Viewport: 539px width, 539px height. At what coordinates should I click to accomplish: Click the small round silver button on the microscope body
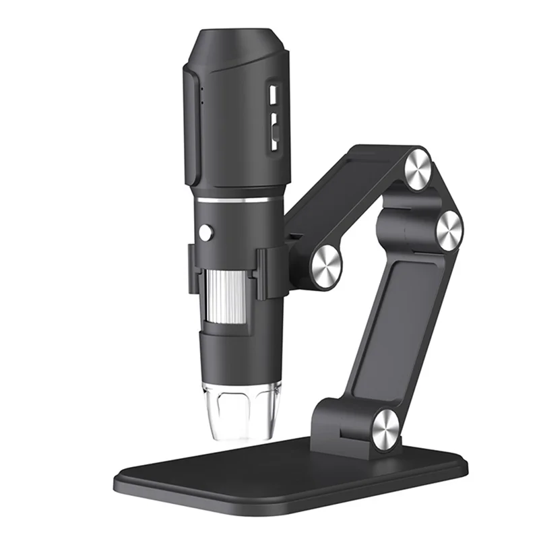pyautogui.click(x=205, y=232)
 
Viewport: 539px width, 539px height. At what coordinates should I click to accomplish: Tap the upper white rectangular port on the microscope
pyautogui.click(x=274, y=94)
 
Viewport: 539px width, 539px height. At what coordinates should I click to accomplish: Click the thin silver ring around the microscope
pyautogui.click(x=239, y=199)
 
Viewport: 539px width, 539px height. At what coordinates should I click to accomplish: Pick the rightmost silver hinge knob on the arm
pyautogui.click(x=449, y=230)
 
